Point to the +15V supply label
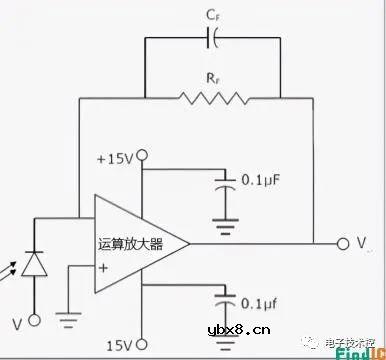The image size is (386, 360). (115, 158)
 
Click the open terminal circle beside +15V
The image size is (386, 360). (142, 155)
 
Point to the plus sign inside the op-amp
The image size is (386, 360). (102, 267)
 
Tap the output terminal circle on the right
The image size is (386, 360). (343, 243)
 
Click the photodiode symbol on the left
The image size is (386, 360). (35, 262)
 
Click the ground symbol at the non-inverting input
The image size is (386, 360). (69, 322)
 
